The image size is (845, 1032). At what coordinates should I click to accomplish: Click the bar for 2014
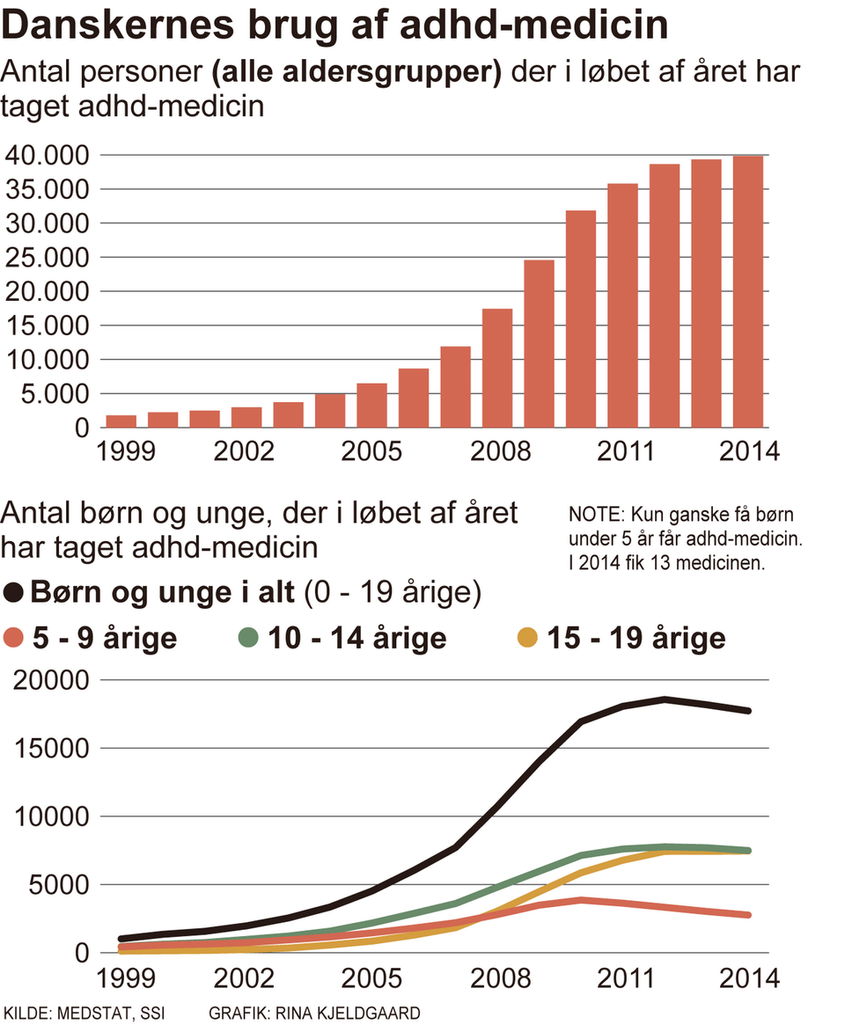click(x=748, y=291)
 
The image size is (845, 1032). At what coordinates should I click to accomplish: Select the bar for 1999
click(x=121, y=421)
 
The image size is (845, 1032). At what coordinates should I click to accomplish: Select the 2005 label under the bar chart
click(x=371, y=452)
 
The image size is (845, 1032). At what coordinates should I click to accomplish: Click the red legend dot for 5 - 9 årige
click(x=14, y=638)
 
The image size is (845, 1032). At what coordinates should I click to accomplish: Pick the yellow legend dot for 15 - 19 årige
click(x=525, y=638)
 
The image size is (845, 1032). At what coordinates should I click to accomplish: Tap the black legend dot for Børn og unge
click(x=14, y=593)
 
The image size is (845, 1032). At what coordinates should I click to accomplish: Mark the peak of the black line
click(x=665, y=699)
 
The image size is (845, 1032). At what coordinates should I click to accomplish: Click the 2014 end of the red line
click(x=748, y=915)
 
